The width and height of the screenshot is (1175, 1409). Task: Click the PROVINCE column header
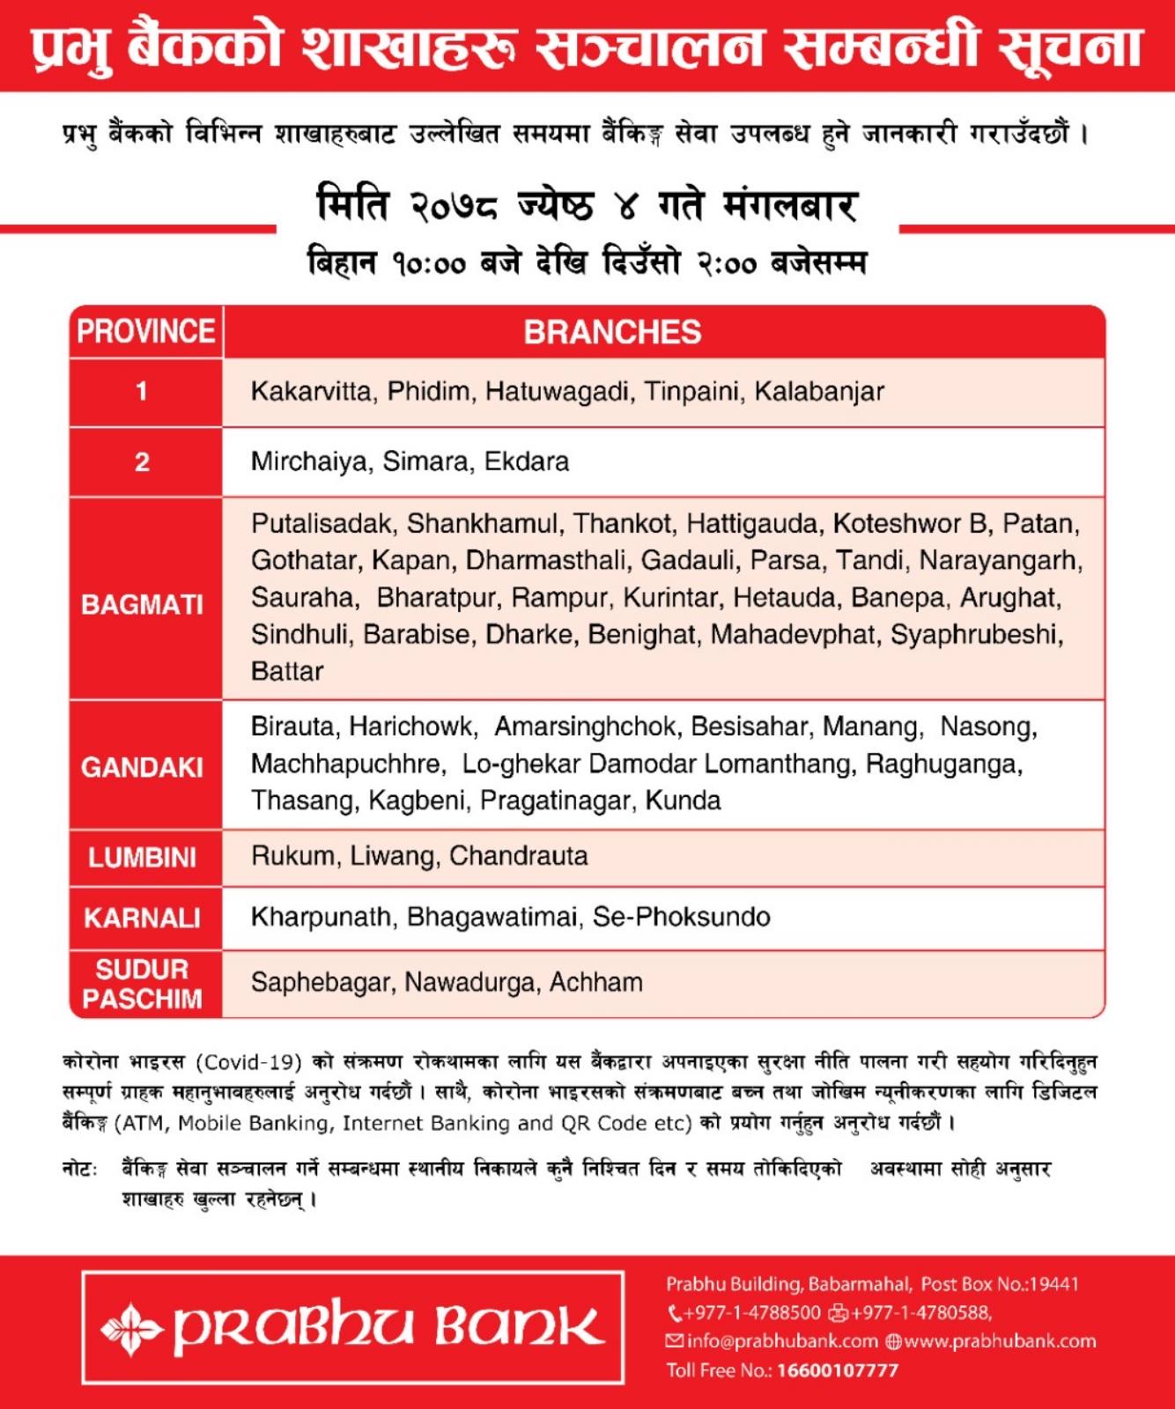tap(145, 332)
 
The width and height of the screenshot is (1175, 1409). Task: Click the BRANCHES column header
tap(612, 332)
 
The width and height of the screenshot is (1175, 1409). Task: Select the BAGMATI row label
tap(143, 605)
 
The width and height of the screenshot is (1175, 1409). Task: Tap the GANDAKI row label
tap(143, 767)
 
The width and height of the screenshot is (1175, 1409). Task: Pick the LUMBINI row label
tap(143, 857)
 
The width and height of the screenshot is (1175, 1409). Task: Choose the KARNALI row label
tap(143, 918)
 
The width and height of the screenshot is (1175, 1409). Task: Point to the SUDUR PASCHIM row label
tap(143, 984)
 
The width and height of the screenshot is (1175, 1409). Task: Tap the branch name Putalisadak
tap(321, 524)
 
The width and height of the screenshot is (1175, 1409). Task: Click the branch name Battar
tap(287, 672)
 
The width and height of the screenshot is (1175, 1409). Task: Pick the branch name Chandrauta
tap(519, 856)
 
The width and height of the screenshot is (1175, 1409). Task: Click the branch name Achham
tap(596, 982)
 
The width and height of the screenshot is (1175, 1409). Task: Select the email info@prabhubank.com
tap(782, 1341)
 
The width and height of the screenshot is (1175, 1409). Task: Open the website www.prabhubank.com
tap(999, 1341)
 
